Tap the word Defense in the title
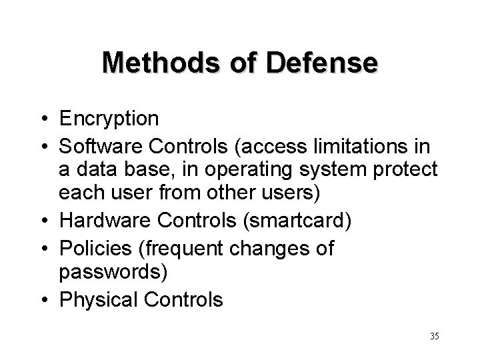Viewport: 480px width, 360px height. click(324, 63)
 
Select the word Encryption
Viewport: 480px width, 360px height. click(109, 119)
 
